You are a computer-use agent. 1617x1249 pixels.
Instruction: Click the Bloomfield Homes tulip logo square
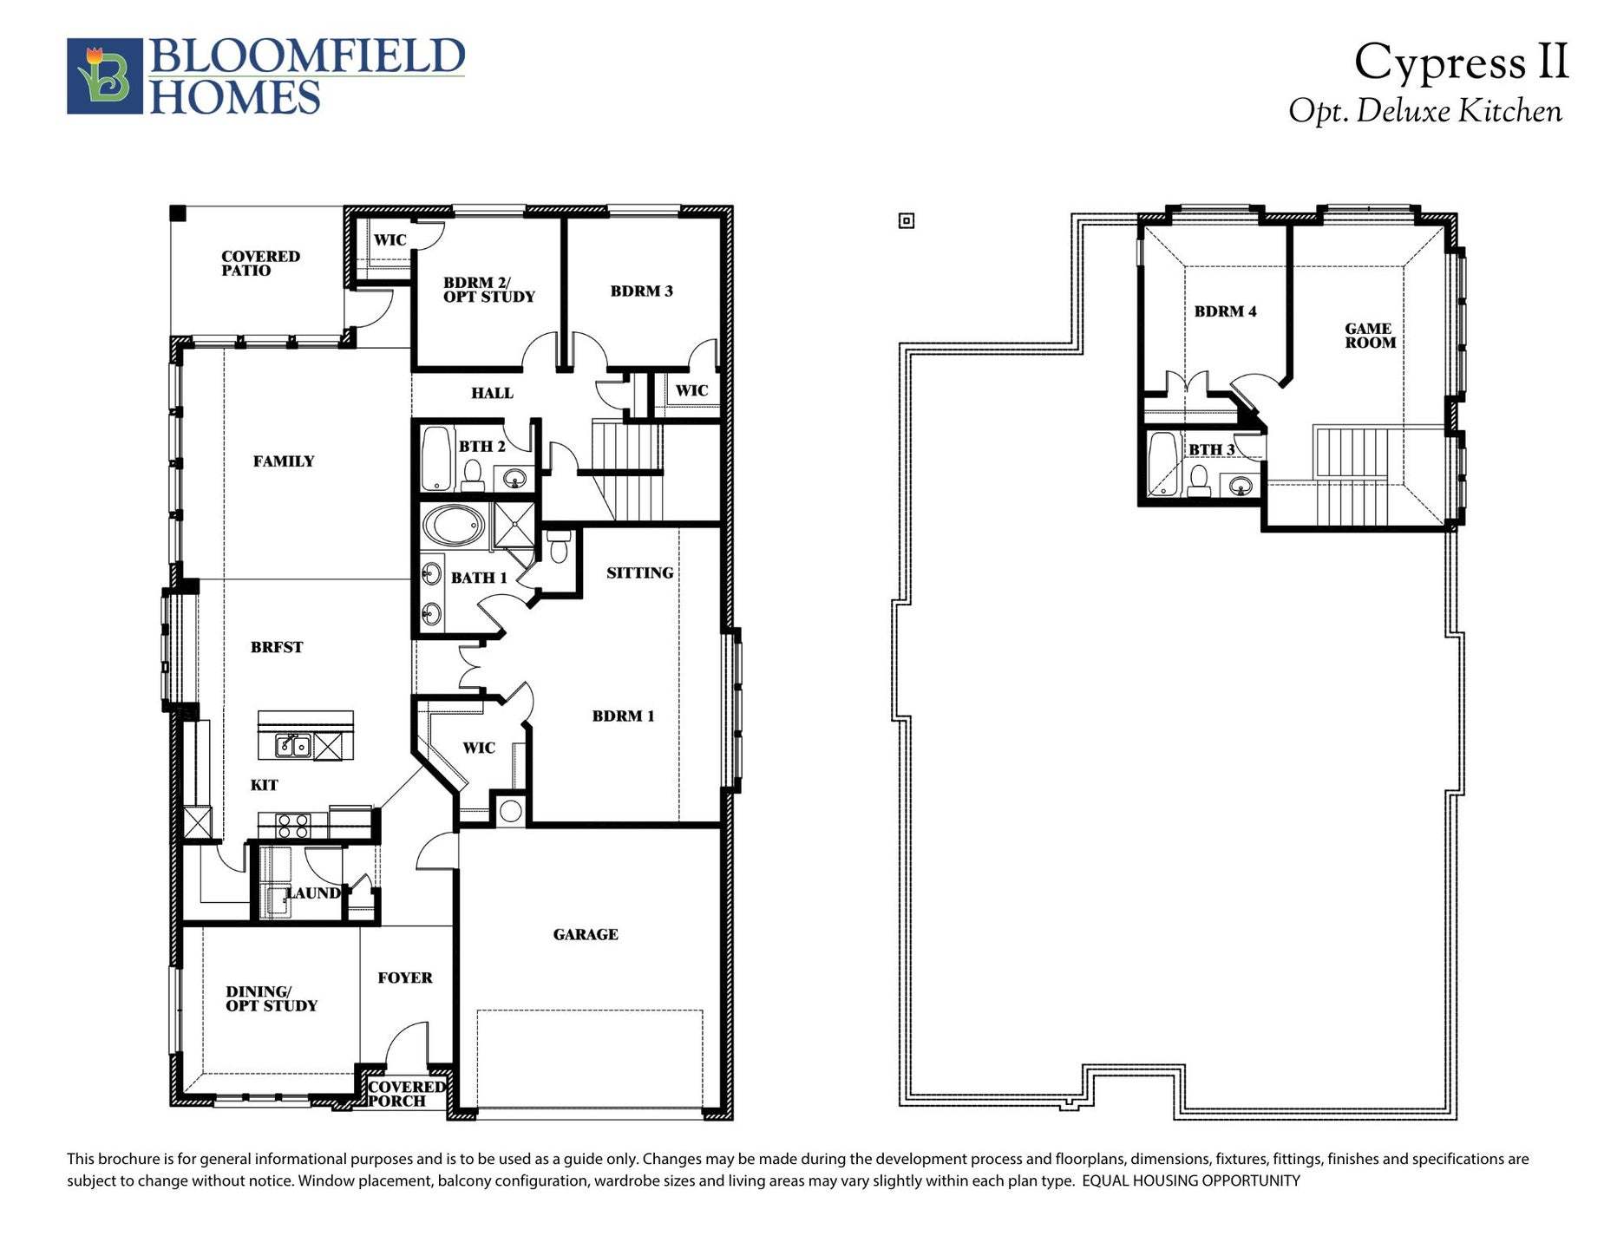(104, 76)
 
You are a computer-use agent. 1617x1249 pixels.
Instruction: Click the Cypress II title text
(1461, 63)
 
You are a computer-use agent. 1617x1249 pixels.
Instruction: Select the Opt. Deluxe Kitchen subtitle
(1424, 112)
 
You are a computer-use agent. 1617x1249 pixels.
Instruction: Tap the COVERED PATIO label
(259, 263)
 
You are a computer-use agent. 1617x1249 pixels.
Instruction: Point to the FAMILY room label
(284, 461)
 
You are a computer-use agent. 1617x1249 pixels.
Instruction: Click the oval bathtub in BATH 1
(454, 527)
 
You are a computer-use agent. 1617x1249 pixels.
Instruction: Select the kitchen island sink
(293, 745)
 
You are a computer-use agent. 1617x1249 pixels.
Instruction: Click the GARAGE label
(586, 934)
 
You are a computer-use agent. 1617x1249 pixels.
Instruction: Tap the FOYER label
(404, 978)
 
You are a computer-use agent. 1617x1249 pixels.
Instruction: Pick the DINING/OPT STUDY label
(271, 998)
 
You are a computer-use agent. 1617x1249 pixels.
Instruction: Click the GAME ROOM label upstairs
(1370, 336)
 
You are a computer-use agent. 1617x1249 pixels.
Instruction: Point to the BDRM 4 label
(1225, 311)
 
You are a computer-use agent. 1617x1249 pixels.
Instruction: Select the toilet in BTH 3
(1199, 481)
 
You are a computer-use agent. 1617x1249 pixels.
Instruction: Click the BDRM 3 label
(641, 291)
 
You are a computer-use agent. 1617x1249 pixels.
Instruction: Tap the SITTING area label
(639, 573)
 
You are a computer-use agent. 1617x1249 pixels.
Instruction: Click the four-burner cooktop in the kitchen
(292, 824)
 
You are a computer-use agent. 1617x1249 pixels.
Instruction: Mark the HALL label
(492, 394)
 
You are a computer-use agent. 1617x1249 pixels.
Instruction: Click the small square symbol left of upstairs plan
(907, 221)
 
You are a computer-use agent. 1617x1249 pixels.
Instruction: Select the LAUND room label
(314, 893)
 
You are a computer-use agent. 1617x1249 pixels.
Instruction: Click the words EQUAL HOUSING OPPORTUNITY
(1190, 1181)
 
